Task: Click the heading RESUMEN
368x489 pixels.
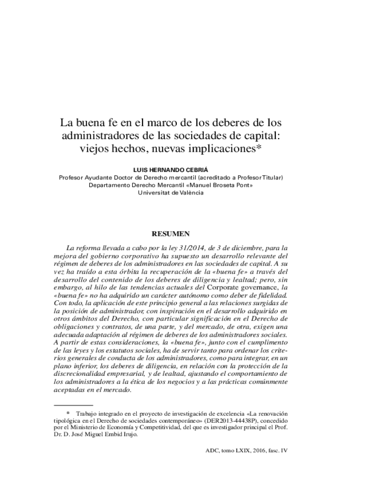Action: (171, 234)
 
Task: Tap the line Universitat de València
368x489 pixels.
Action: (171, 193)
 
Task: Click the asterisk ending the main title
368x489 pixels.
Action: (260, 146)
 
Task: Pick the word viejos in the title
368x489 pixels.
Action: (95, 148)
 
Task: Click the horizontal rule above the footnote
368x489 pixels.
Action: (73, 405)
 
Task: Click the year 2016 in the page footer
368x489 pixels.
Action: (257, 450)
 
